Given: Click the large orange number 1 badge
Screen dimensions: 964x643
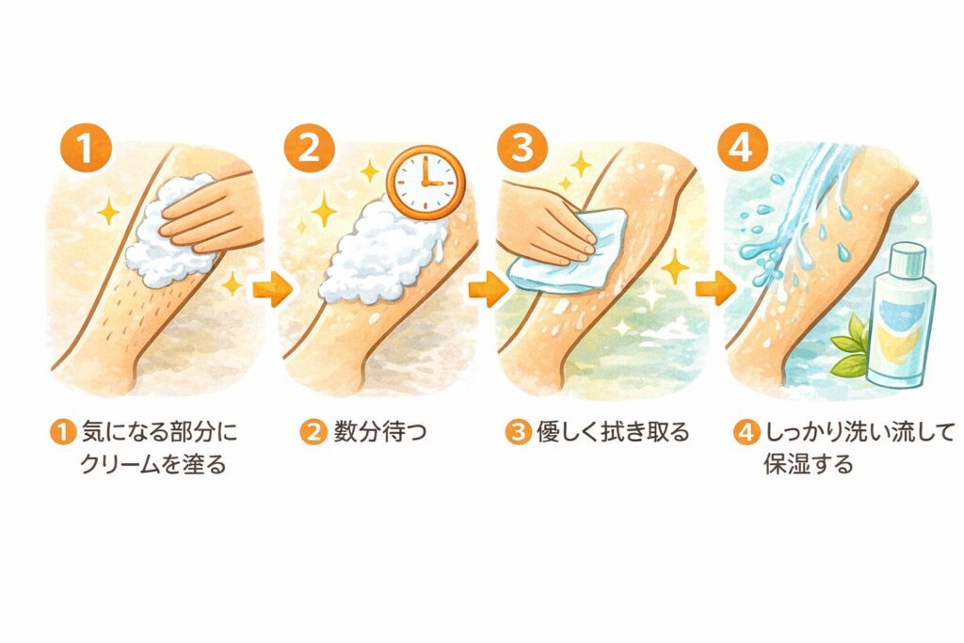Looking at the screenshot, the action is click(86, 150).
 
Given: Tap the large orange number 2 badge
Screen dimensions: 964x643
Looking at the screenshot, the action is click(309, 150).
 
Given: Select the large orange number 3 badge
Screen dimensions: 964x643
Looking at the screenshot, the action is click(522, 150).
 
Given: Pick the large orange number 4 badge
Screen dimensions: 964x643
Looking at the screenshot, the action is click(744, 150).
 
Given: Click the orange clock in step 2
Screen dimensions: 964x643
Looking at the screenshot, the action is click(426, 183).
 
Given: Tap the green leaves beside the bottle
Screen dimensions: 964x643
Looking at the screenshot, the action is click(850, 348).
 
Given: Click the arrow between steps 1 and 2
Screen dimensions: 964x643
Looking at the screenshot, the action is click(272, 288).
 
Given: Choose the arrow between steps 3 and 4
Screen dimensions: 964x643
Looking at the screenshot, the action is click(715, 287).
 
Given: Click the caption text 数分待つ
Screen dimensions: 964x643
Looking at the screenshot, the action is click(380, 431).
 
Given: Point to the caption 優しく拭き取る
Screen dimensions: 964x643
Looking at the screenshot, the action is click(613, 431).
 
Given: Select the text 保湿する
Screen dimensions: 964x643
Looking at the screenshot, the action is click(809, 463).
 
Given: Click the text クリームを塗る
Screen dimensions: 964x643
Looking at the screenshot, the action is click(153, 463).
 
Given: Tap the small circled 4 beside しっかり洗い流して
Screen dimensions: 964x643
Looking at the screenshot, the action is click(746, 431).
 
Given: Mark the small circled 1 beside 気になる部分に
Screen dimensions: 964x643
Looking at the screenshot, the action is click(62, 431).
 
